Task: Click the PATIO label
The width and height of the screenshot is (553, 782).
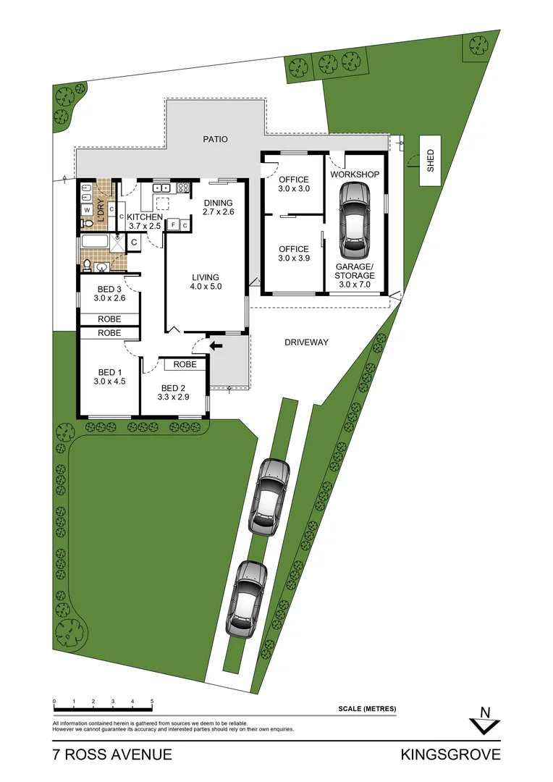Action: tap(216, 139)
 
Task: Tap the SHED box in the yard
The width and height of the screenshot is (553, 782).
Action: tap(431, 161)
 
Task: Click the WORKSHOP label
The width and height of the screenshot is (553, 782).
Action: tap(355, 174)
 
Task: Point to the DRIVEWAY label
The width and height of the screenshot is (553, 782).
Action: tap(306, 342)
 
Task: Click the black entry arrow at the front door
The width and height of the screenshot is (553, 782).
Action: tap(216, 345)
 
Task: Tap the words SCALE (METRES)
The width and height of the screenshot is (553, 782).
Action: tap(367, 709)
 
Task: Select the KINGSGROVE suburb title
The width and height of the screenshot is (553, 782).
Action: tap(451, 754)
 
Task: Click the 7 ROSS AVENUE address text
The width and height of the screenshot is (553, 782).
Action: tap(112, 754)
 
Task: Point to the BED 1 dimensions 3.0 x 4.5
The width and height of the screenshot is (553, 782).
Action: tap(109, 381)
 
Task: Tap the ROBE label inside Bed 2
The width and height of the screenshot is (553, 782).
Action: tap(185, 364)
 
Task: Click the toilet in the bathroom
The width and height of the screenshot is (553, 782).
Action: tap(87, 265)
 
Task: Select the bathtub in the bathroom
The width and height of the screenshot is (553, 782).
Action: tap(97, 243)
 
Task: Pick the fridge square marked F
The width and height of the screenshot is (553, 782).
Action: tap(173, 225)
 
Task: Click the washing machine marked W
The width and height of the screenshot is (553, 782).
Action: tap(88, 210)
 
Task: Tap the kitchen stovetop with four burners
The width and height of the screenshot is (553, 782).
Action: tap(183, 188)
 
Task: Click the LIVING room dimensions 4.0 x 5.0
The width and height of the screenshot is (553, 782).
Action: tap(206, 286)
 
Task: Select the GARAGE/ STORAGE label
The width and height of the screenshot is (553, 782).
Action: tap(355, 271)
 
